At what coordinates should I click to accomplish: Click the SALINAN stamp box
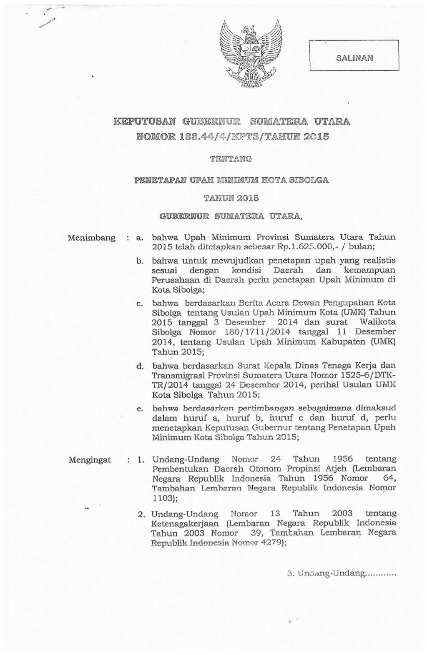[x=354, y=57]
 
